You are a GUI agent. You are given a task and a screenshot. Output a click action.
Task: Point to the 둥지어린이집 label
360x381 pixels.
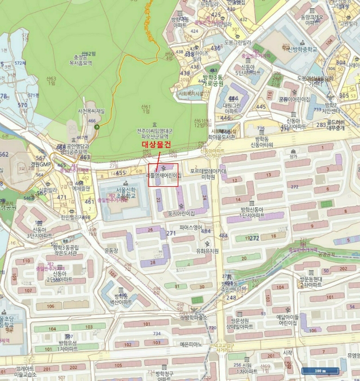click(x=177, y=213)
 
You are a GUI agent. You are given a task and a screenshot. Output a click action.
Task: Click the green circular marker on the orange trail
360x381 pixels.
click(x=97, y=127)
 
